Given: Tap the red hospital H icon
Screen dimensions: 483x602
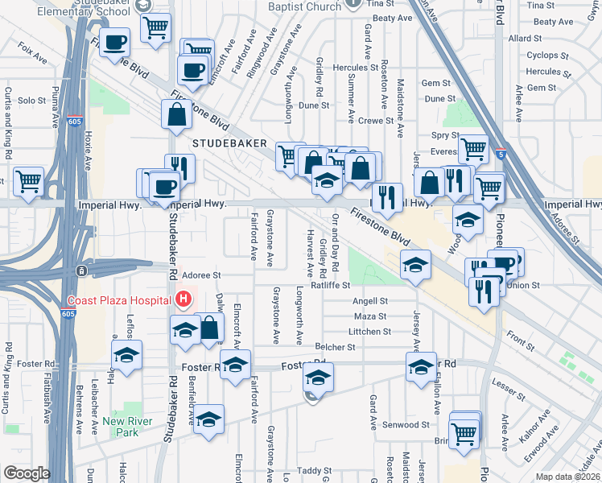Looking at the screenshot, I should [183, 300].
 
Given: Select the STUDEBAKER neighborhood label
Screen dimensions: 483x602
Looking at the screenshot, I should [229, 142].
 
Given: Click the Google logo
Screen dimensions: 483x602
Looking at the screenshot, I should [26, 473].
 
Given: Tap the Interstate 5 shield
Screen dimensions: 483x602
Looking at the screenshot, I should [501, 152].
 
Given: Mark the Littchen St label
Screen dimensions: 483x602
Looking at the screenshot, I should [370, 331].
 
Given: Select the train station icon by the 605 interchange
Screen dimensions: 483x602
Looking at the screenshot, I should [80, 270].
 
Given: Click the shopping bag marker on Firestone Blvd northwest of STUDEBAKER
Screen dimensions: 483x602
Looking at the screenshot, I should [175, 116].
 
